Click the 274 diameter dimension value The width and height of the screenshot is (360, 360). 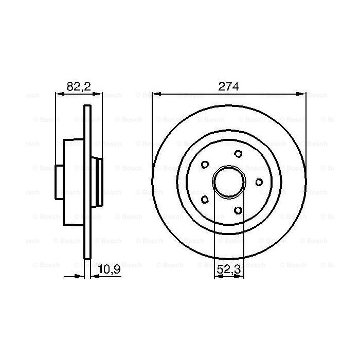pyautogui.click(x=229, y=86)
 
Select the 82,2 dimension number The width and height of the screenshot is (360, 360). pyautogui.click(x=79, y=86)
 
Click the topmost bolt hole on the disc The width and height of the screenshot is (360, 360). pyautogui.click(x=238, y=153)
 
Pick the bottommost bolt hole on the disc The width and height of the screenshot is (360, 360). pyautogui.click(x=238, y=210)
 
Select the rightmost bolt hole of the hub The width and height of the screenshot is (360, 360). pyautogui.click(x=258, y=182)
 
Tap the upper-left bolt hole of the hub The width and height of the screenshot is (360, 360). pyautogui.click(x=205, y=165)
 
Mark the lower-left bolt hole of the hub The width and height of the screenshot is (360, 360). pyautogui.click(x=205, y=199)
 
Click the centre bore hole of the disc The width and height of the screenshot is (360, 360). pyautogui.click(x=229, y=182)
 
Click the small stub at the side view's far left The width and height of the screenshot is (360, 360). pyautogui.click(x=59, y=182)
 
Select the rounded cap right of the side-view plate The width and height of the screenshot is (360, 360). pyautogui.click(x=97, y=182)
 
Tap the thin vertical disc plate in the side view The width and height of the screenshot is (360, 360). pyautogui.click(x=87, y=182)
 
